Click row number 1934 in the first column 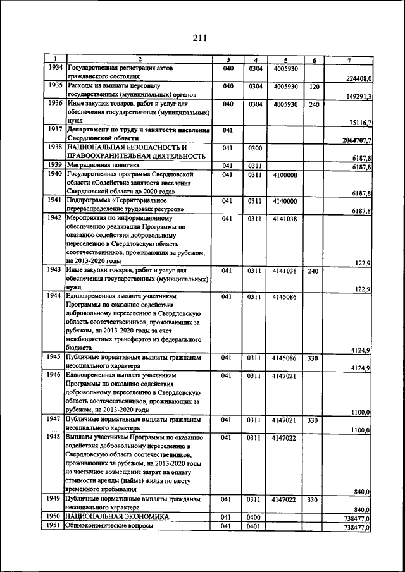[55, 68]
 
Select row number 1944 [55, 295]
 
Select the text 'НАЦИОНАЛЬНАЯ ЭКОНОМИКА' [118, 516]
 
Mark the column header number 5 [285, 59]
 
